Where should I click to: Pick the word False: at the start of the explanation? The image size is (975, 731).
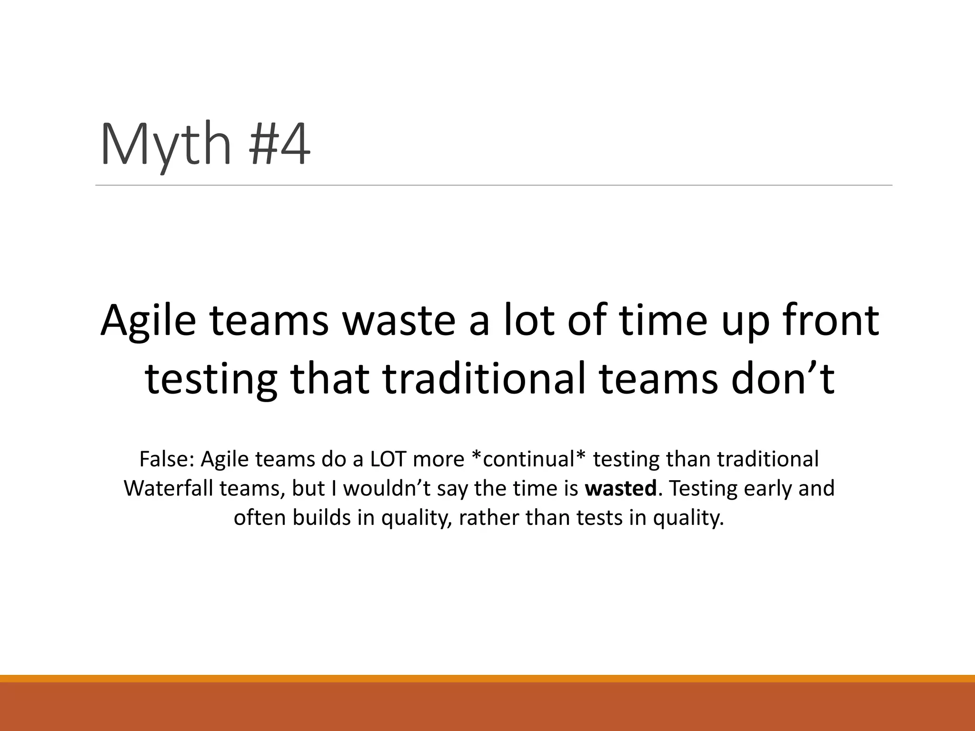pos(166,459)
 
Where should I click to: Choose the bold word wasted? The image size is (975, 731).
pos(621,489)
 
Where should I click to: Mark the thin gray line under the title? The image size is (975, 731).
pos(493,185)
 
